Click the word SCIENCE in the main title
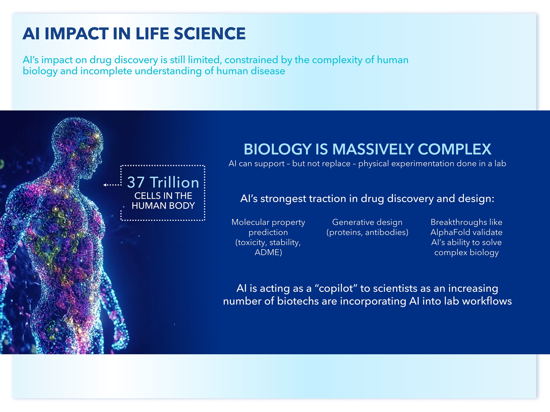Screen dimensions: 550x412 [210, 34]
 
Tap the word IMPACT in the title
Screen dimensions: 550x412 [77, 34]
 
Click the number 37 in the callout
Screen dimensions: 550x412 [136, 182]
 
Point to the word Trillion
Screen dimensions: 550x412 [174, 182]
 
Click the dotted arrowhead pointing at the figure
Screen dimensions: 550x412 [105, 185]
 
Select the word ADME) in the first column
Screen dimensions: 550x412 [268, 252]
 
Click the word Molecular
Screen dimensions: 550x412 [251, 222]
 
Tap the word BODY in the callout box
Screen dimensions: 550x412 [182, 206]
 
